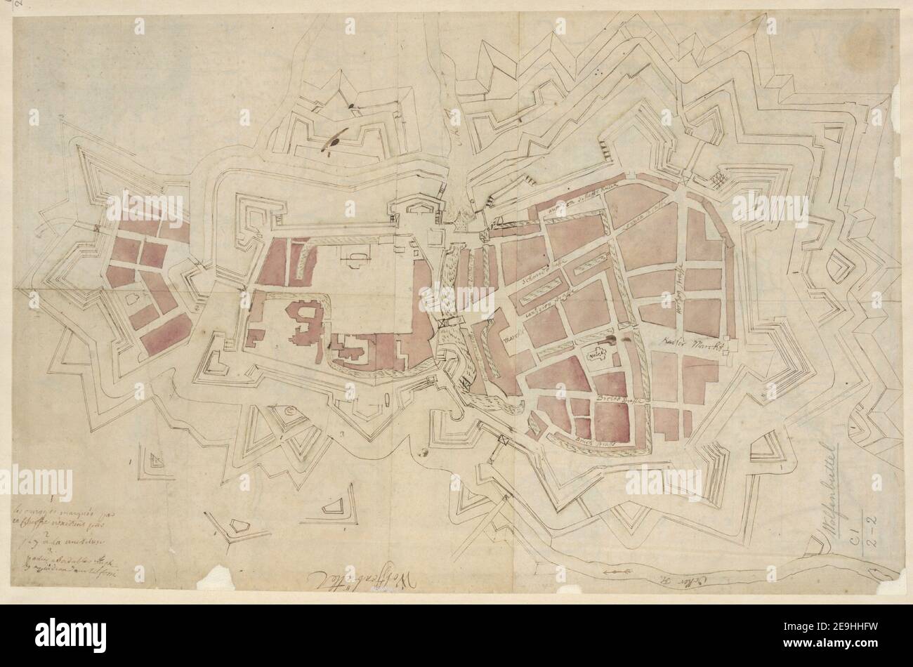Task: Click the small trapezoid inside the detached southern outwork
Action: (x=331, y=506)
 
